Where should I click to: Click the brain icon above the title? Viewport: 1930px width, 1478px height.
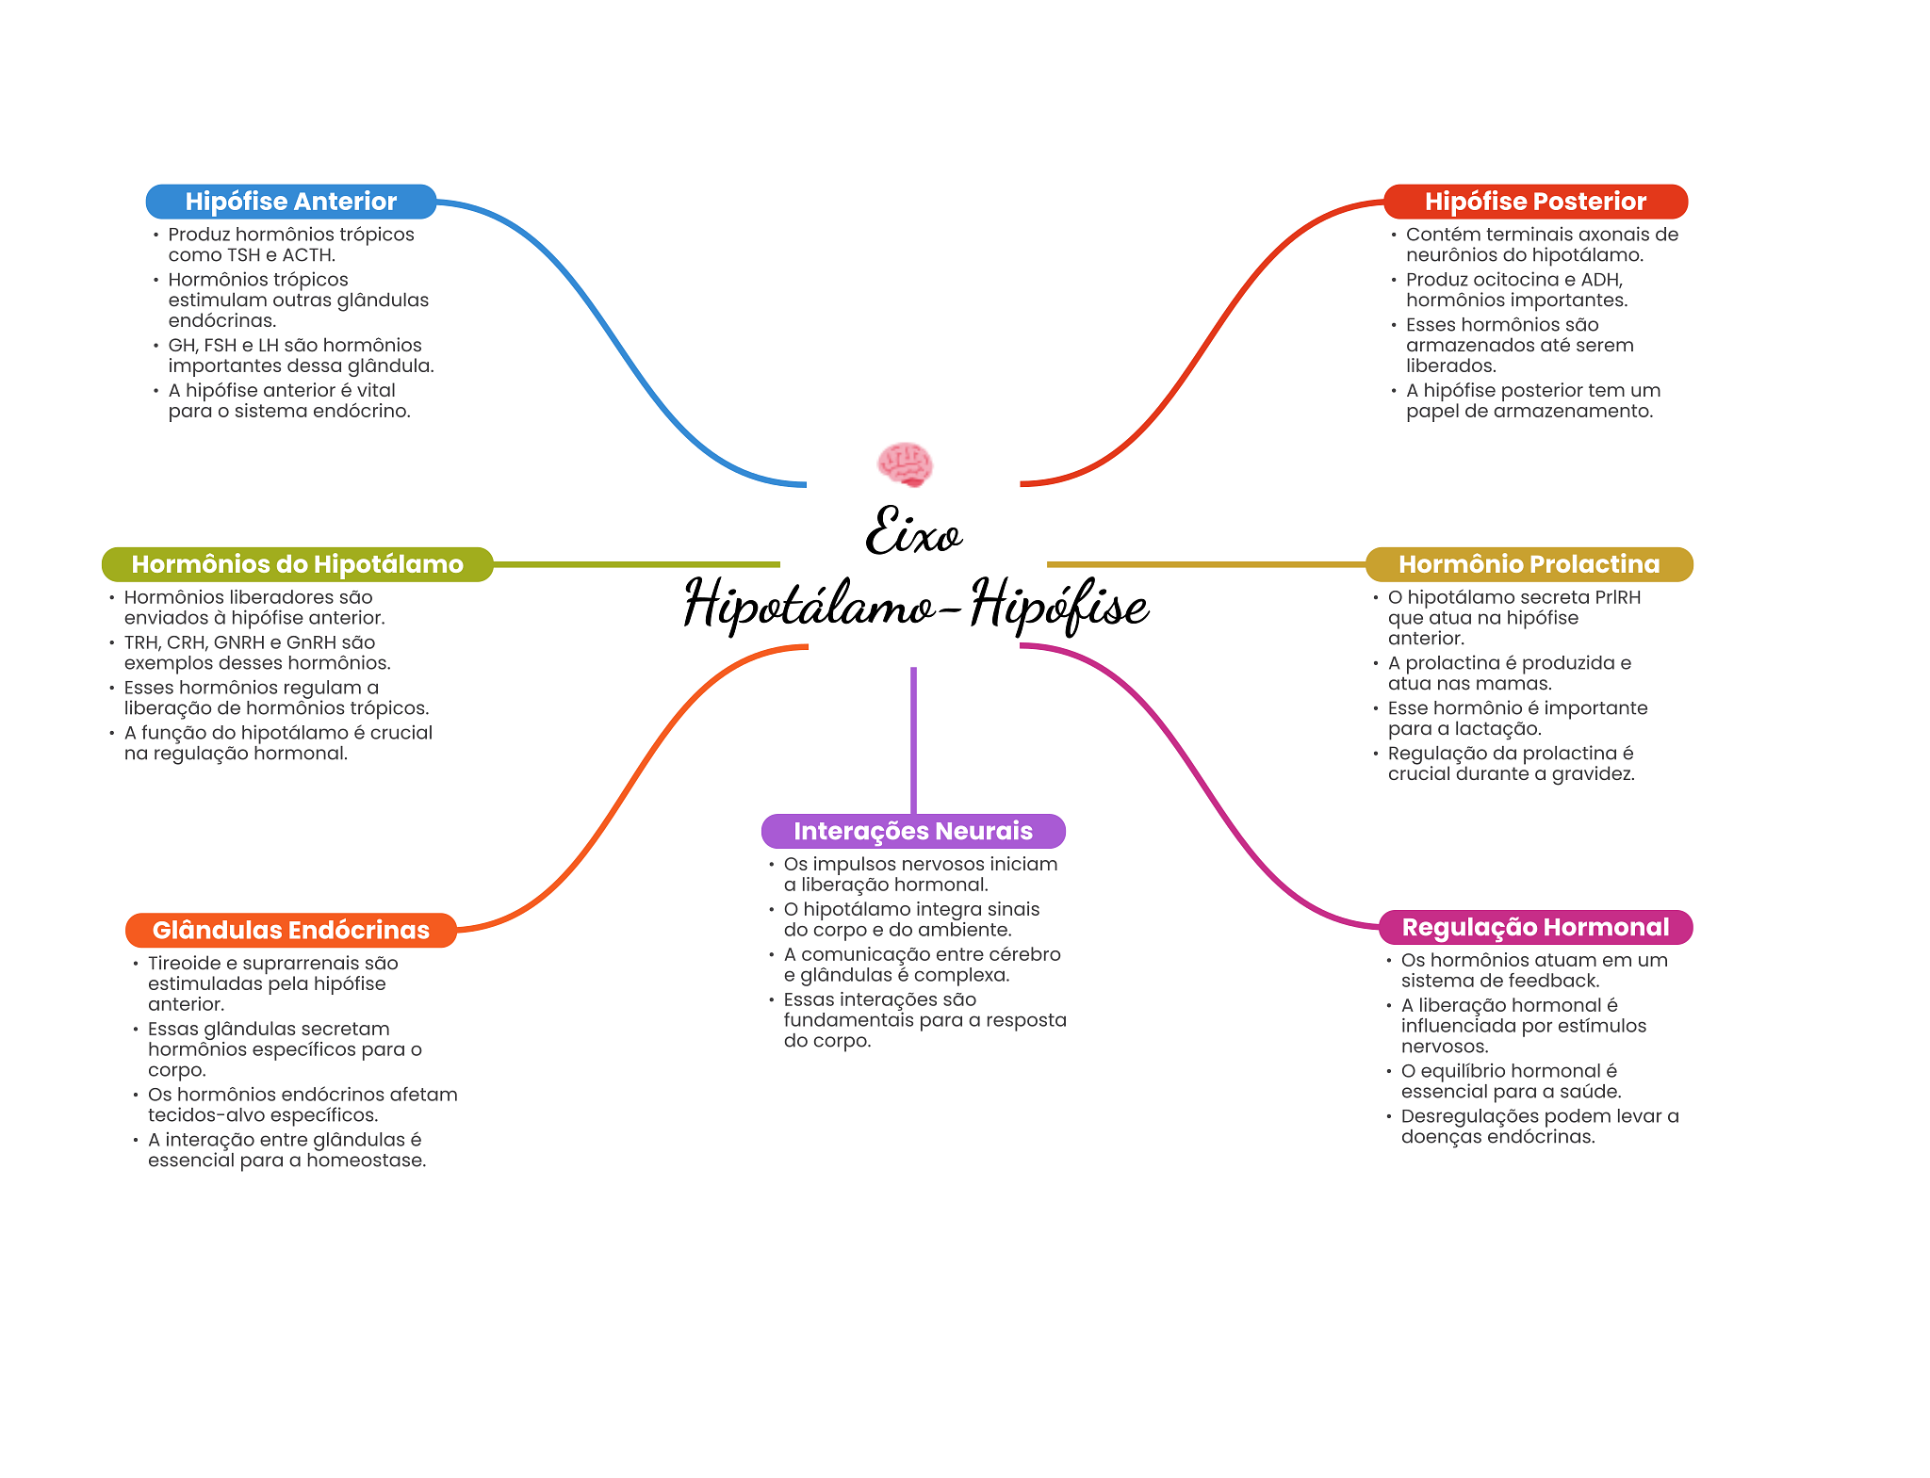click(905, 464)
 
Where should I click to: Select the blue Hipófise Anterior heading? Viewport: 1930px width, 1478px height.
click(291, 202)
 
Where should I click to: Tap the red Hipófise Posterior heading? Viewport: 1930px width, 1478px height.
click(1535, 202)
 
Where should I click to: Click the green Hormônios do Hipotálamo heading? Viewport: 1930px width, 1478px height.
click(298, 564)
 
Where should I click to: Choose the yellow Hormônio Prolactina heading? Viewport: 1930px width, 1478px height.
click(1529, 564)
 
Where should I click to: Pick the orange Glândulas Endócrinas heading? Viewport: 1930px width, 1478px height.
click(291, 930)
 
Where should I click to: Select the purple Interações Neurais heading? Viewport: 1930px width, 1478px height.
click(913, 831)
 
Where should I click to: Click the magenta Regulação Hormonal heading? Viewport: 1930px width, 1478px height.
click(1535, 927)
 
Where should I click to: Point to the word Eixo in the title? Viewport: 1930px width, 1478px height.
click(913, 530)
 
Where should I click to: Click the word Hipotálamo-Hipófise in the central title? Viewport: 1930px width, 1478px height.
click(916, 604)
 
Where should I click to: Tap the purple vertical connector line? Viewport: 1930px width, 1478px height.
click(913, 740)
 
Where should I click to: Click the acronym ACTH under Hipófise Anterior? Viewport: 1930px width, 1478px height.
click(308, 255)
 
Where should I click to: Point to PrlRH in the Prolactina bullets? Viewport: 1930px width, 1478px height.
click(1617, 597)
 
